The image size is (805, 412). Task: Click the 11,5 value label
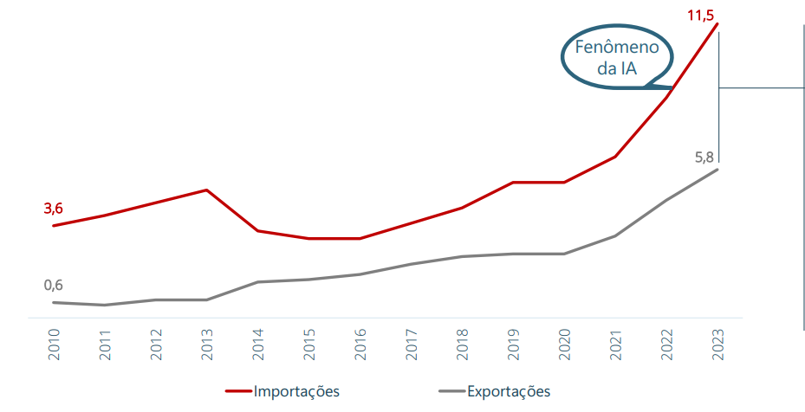(x=701, y=16)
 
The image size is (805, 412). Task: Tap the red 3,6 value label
(x=54, y=209)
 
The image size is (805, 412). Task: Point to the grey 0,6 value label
(x=54, y=286)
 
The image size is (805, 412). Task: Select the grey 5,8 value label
(x=704, y=158)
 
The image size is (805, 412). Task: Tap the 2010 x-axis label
(x=54, y=344)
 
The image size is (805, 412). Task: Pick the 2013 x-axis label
(x=207, y=344)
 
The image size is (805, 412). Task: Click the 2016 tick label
(x=360, y=344)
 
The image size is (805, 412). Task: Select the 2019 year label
(x=513, y=344)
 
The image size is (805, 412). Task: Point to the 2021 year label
(x=615, y=344)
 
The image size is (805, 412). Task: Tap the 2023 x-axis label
(x=717, y=344)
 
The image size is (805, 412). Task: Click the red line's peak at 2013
(x=206, y=190)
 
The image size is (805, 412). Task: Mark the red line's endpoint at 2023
(x=717, y=23)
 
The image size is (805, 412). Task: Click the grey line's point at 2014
(x=257, y=281)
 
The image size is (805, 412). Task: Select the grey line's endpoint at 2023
(x=717, y=170)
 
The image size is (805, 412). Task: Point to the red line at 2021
(x=615, y=157)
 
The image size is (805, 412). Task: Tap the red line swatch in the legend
(x=239, y=391)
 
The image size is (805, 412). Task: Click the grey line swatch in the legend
(x=451, y=391)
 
